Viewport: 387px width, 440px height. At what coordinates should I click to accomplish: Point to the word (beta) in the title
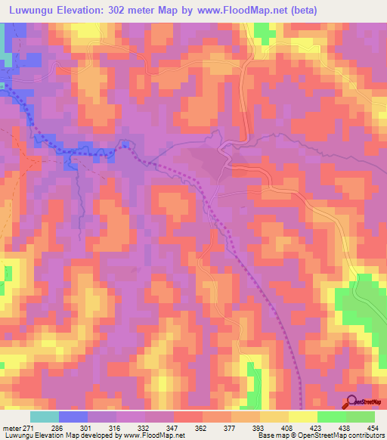301,10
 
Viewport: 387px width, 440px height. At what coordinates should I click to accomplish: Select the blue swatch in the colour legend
73,417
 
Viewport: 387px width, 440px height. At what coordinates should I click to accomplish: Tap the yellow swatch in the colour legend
302,417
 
